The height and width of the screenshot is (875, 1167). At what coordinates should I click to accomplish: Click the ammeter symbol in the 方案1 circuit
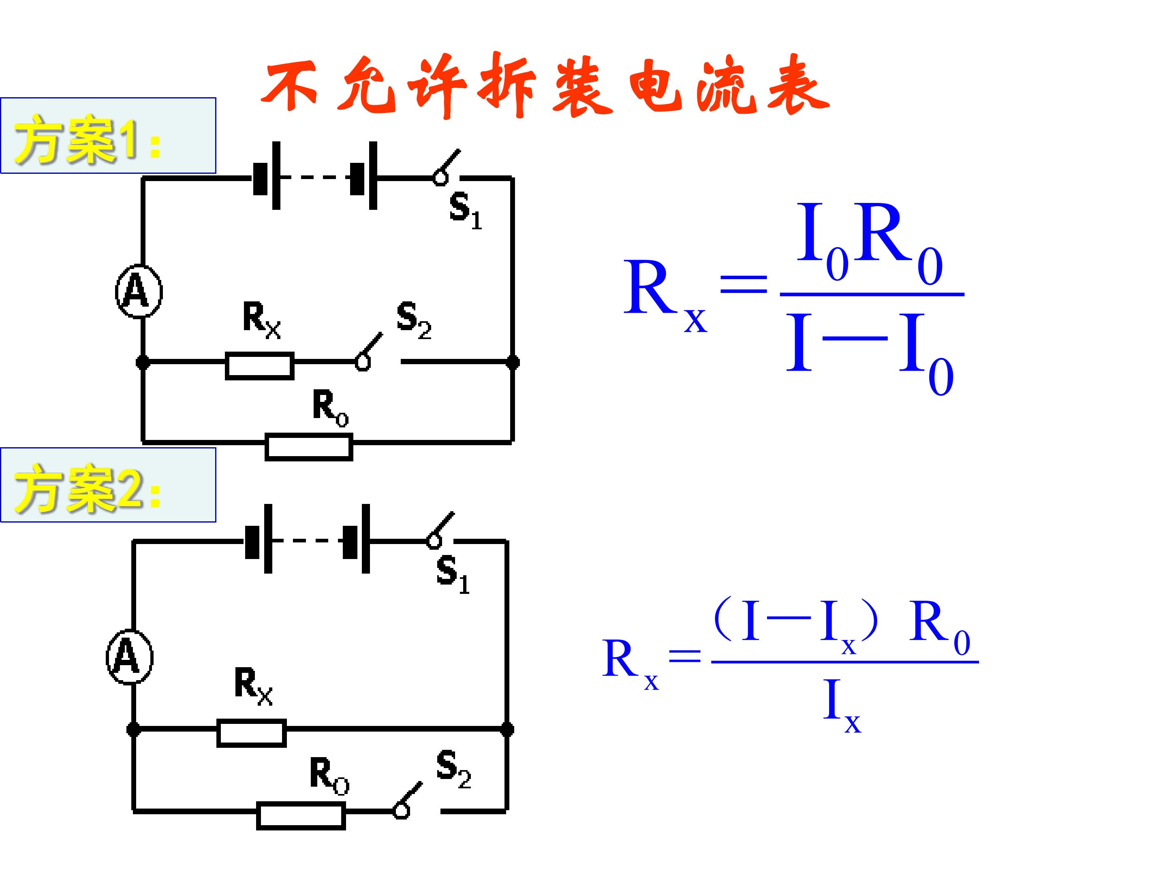[x=139, y=291]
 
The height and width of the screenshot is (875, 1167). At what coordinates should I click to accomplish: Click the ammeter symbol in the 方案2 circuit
[x=130, y=657]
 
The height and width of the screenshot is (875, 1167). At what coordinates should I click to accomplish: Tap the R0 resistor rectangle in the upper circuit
[x=309, y=447]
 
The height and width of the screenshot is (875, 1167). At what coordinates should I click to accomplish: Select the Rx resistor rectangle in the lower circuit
[x=252, y=733]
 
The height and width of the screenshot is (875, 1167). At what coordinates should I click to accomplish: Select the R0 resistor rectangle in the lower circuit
[x=301, y=816]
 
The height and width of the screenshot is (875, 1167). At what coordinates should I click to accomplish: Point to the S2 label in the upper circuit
[x=414, y=320]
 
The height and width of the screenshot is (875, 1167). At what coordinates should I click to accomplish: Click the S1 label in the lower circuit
[x=453, y=575]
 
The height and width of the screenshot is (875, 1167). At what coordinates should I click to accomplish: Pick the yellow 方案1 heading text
[x=88, y=139]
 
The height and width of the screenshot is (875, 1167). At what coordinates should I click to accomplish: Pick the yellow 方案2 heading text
[x=88, y=488]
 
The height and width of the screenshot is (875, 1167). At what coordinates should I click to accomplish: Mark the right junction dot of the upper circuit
[x=512, y=362]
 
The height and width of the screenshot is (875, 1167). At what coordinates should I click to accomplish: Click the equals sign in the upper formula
[x=744, y=284]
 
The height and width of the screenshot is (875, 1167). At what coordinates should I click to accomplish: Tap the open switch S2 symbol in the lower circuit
[x=408, y=800]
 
